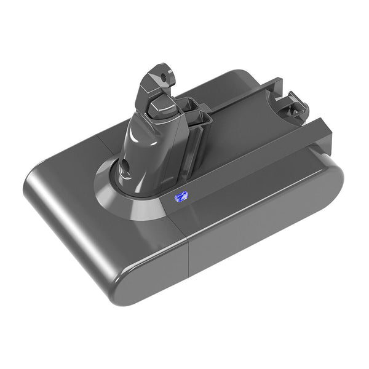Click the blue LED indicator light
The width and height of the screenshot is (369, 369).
[180, 197]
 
